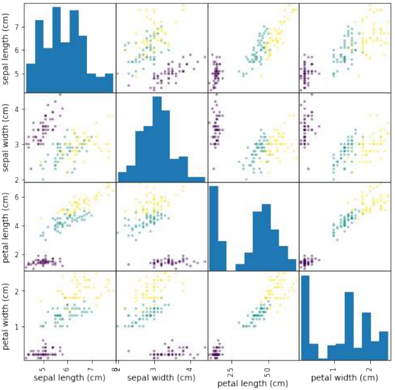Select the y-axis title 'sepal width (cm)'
coord(7,137)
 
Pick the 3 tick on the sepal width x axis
coord(153,367)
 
